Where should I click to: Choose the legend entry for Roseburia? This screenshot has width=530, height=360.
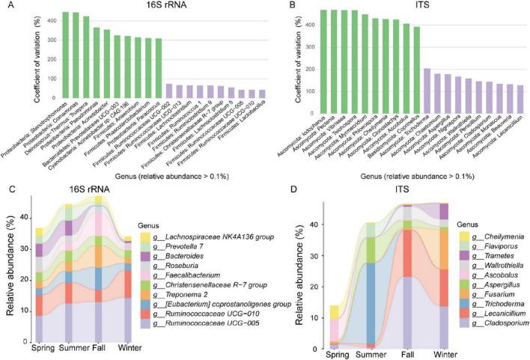(x=180, y=267)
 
